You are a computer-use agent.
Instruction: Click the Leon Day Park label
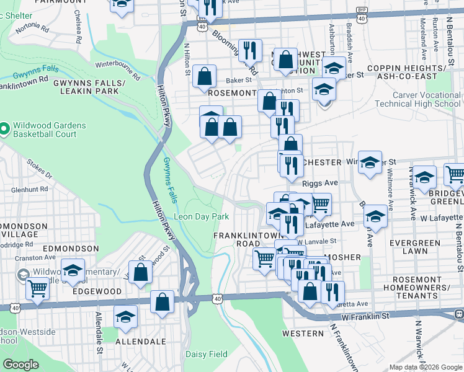coord(201,216)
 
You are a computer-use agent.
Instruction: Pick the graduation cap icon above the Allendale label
coord(126,317)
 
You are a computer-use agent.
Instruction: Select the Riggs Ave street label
coord(319,184)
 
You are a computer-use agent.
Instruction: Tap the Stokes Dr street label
coord(38,168)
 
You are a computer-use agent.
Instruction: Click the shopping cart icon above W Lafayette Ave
coord(319,204)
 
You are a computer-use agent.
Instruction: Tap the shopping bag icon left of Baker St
coord(204,76)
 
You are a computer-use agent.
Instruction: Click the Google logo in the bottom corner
coord(20,365)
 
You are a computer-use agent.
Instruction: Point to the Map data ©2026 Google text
coord(426,367)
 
